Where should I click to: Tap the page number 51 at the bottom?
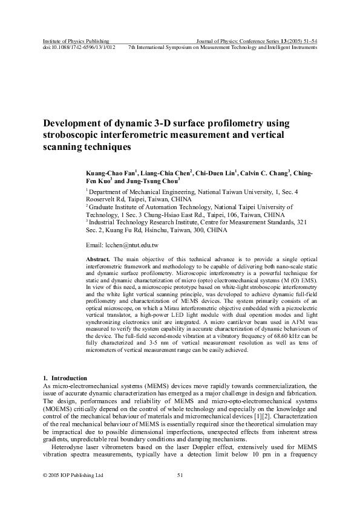[180, 475]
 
